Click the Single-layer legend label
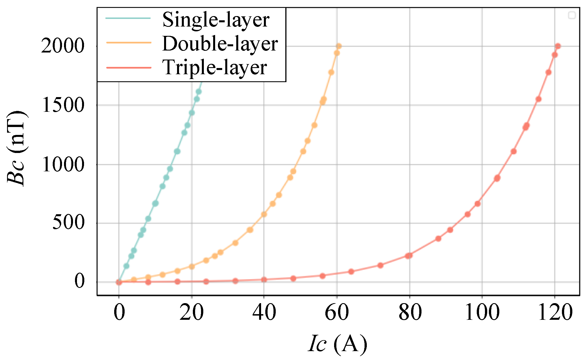click(216, 20)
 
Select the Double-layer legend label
click(220, 44)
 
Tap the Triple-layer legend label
click(215, 68)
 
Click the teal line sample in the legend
click(128, 19)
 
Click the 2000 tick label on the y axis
click(63, 46)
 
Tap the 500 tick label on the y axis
click(68, 223)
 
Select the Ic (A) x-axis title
click(337, 344)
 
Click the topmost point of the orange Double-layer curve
click(339, 46)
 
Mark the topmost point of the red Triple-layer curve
click(558, 46)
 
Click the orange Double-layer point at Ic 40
click(264, 214)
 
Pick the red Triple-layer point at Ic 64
click(351, 272)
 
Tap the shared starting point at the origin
click(119, 282)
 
